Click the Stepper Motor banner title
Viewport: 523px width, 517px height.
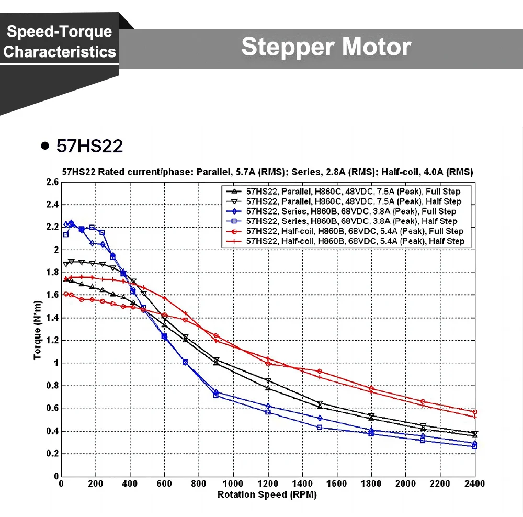pos(325,47)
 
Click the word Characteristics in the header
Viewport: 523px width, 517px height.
pos(60,52)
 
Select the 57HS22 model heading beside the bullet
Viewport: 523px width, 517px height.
pos(89,146)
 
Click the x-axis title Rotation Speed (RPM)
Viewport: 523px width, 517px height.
pos(267,494)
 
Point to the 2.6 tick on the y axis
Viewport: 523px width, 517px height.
pos(52,182)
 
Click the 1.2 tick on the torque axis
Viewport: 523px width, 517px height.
pos(52,341)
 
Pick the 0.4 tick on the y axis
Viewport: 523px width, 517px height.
pos(52,431)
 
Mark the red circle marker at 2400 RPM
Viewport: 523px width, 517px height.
pos(475,412)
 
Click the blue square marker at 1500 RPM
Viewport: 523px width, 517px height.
pos(320,428)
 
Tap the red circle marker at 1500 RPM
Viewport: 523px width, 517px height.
pos(320,372)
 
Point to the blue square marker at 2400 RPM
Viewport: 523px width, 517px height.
pos(475,446)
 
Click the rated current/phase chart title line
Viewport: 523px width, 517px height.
pos(267,172)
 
